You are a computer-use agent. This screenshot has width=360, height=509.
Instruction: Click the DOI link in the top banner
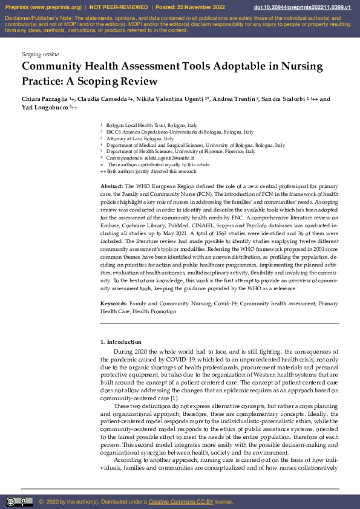coord(311,7)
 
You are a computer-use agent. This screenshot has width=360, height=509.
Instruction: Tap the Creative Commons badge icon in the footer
coord(19,502)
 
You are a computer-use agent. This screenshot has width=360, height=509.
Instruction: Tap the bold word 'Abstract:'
coord(112,187)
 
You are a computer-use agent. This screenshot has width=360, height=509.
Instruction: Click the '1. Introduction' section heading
coord(121,342)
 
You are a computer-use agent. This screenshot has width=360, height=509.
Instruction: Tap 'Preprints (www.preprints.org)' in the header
coord(43,7)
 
